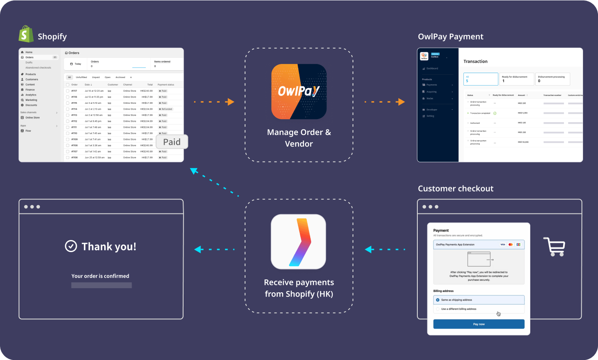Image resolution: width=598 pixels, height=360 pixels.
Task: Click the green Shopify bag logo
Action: coord(26,34)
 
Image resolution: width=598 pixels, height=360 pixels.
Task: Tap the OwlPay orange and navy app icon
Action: coord(299,91)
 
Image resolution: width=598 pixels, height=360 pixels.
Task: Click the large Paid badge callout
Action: coord(172,142)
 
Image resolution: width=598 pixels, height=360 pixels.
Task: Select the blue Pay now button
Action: coord(478,324)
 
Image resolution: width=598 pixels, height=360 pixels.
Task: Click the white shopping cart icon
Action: coord(554,247)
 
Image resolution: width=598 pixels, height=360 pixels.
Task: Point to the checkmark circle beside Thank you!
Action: coord(71,246)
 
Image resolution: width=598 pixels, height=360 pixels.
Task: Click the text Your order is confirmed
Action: coord(100,276)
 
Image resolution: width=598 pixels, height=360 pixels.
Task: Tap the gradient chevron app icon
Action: coord(299,242)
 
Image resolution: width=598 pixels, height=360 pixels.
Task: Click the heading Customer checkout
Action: coord(455,189)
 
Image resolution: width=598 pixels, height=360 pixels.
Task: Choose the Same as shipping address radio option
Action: coord(438,300)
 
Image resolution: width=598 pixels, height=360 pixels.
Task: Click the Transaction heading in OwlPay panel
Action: coord(475,61)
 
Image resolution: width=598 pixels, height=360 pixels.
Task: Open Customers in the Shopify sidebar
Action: coord(32,79)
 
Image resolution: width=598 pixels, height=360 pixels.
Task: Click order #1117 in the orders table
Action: coord(74,91)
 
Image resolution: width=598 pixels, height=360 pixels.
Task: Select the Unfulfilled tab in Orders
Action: coord(81,77)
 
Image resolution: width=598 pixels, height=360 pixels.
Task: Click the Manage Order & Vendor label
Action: coord(299,138)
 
